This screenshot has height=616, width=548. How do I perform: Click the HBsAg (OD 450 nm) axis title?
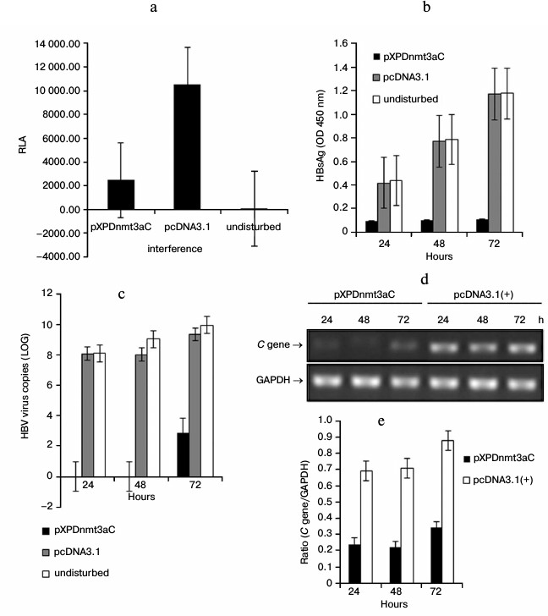click(x=320, y=136)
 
